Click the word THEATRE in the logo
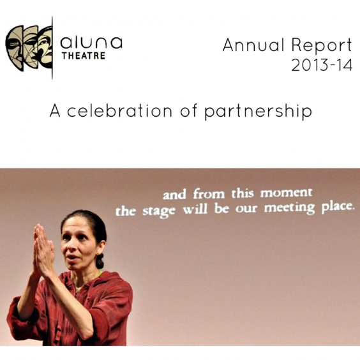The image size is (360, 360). pos(84,56)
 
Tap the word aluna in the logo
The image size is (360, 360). pos(91,43)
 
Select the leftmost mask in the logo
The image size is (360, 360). pos(15,48)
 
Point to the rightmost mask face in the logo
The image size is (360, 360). pos(45,47)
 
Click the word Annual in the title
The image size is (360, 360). pos(253,45)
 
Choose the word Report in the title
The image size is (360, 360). pos(322,46)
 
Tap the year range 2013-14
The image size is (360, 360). pos(322,65)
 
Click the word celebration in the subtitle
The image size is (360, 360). pos(119,111)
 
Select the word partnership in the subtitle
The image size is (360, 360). pos(258,112)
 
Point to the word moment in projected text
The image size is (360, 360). pos(287,193)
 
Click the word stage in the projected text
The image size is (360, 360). pos(159,211)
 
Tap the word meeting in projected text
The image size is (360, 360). pos(289,209)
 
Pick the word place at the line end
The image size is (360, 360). pos(337,207)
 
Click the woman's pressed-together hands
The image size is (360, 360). pos(43,250)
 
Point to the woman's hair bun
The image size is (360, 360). pos(100,260)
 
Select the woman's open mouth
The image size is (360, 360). pos(72,257)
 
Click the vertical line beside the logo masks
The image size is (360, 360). pos(52,48)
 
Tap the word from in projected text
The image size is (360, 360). pos(209,193)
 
